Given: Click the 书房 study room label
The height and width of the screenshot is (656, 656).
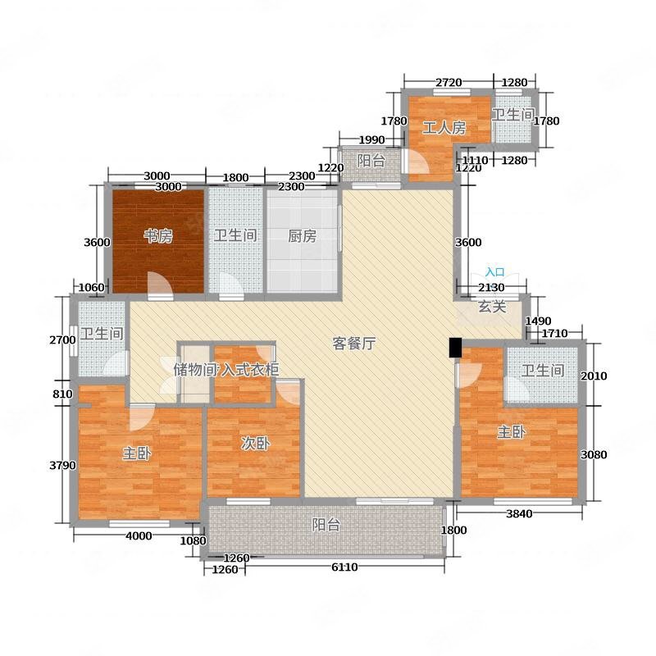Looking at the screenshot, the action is [158, 236].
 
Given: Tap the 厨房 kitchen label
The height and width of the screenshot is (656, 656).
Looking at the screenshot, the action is [302, 236].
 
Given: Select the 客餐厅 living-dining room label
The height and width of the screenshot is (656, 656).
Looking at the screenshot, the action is [354, 344].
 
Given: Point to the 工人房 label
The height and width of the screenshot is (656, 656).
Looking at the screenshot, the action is [444, 128].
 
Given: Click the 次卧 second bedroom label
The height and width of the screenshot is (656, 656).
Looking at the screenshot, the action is [255, 444].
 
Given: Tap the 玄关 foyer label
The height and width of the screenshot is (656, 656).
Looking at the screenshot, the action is [492, 307].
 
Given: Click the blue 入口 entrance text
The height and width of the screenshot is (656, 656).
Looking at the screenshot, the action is [495, 272].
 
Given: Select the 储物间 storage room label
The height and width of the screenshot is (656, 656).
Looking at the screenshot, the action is [195, 370].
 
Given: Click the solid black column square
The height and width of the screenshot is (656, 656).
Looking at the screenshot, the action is [455, 348].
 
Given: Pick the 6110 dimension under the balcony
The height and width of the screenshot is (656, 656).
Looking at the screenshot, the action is [344, 567].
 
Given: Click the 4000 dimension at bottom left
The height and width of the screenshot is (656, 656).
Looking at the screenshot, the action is [139, 536].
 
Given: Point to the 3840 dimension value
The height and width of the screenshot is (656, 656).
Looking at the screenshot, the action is [519, 514].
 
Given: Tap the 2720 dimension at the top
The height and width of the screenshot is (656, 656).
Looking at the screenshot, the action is [449, 83].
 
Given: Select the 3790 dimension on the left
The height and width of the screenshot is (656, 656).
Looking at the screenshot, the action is [63, 465].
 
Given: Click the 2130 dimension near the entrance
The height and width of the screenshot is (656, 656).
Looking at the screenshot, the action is [491, 288].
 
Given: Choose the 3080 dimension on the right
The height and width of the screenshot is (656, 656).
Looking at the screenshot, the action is [594, 455].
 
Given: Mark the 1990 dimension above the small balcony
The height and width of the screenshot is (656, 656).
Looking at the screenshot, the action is [371, 139].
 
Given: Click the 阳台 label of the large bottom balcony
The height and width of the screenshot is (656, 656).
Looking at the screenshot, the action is [326, 525].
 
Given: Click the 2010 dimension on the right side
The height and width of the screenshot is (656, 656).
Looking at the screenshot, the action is [594, 376].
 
